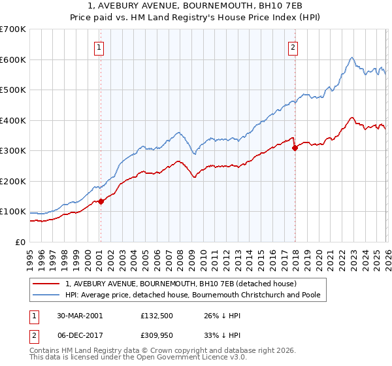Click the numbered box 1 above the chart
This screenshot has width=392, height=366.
[x=99, y=47]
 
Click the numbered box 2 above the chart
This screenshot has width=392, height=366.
[x=293, y=47]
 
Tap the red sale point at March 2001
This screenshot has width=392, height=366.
[x=101, y=201]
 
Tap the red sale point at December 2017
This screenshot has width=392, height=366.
[x=295, y=148]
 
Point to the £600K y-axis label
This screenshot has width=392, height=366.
[x=13, y=59]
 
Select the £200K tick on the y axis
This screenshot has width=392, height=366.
[x=13, y=181]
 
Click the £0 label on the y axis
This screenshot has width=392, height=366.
[x=19, y=242]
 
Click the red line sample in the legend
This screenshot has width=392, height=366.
[x=46, y=284]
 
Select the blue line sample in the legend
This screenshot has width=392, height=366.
[x=46, y=295]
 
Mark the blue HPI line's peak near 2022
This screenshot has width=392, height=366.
[x=351, y=58]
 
